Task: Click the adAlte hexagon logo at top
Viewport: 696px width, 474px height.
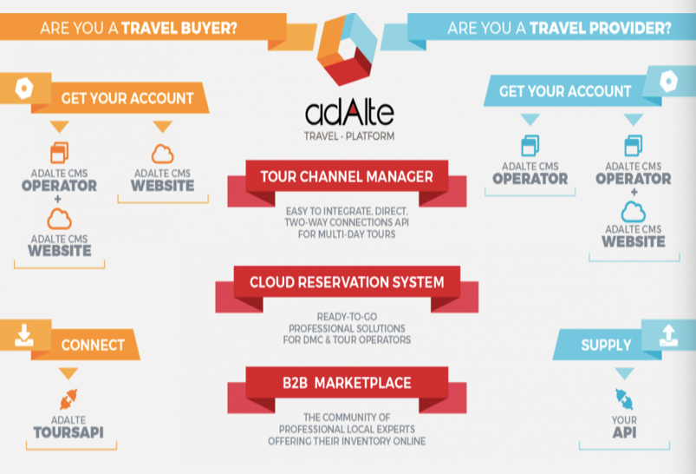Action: tap(347, 49)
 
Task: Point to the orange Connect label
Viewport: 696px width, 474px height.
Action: tap(93, 345)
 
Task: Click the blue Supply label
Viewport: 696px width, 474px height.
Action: tap(606, 345)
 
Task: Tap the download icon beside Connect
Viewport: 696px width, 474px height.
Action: tap(24, 335)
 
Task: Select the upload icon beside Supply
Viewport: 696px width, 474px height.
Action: tap(668, 335)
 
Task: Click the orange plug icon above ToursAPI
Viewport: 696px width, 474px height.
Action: tap(68, 398)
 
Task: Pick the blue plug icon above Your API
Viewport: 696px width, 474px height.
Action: tap(625, 398)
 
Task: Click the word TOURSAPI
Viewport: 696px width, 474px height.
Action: tap(68, 432)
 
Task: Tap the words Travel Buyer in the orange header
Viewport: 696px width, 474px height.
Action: tap(179, 28)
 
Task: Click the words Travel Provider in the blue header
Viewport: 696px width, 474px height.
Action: tap(601, 28)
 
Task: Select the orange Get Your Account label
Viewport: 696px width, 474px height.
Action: tap(127, 98)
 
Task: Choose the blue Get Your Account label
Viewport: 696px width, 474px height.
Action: tap(564, 90)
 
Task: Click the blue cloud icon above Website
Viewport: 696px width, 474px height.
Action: tap(634, 212)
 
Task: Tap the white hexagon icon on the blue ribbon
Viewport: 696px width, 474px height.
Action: tap(668, 82)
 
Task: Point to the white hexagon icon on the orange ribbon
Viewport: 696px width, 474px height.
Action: tap(24, 88)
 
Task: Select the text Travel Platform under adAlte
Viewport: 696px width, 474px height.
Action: tap(349, 136)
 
